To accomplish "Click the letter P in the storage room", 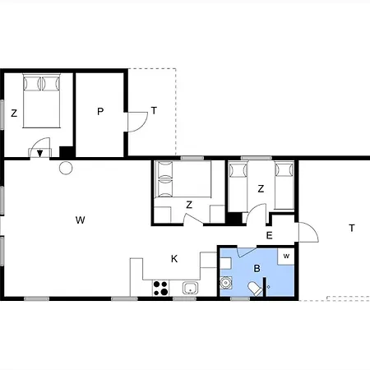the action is pyautogui.click(x=100, y=111).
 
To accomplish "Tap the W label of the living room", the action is pyautogui.click(x=80, y=220).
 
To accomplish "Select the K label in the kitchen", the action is pyautogui.click(x=174, y=258).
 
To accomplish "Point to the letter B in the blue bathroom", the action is pyautogui.click(x=257, y=268).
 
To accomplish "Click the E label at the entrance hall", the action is pyautogui.click(x=269, y=235).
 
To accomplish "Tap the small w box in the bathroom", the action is pyautogui.click(x=286, y=257).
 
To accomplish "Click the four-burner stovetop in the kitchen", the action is pyautogui.click(x=160, y=288).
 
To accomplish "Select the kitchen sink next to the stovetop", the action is pyautogui.click(x=190, y=288).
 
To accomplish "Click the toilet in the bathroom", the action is pyautogui.click(x=255, y=289).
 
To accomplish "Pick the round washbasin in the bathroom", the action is pyautogui.click(x=226, y=283).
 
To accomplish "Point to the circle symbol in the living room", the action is pyautogui.click(x=66, y=168).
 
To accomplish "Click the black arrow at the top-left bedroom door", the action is pyautogui.click(x=40, y=153).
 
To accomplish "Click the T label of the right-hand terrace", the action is pyautogui.click(x=352, y=228).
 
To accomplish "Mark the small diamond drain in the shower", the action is pyautogui.click(x=268, y=287).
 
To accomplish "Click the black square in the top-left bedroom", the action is pyautogui.click(x=66, y=151).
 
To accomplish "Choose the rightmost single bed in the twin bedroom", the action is pyautogui.click(x=284, y=186).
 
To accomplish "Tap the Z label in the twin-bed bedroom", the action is pyautogui.click(x=261, y=188).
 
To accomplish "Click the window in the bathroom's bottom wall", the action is pyautogui.click(x=240, y=298).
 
